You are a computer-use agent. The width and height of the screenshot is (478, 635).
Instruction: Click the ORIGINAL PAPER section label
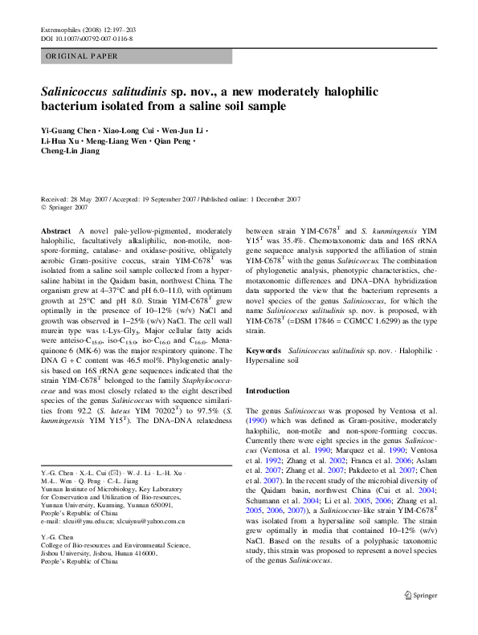[82, 56]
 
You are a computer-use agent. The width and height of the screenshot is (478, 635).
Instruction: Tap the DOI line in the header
[87, 38]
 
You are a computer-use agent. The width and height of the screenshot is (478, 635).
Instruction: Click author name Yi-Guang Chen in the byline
[68, 130]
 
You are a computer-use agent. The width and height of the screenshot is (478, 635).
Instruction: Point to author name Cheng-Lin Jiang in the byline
[71, 151]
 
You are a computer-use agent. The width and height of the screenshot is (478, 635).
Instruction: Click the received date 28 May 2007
[93, 199]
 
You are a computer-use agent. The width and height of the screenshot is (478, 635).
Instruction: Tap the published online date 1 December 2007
[271, 199]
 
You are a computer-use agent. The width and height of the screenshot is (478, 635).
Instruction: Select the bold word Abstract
[55, 230]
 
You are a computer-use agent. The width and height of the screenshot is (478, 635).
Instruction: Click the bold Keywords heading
[263, 351]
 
